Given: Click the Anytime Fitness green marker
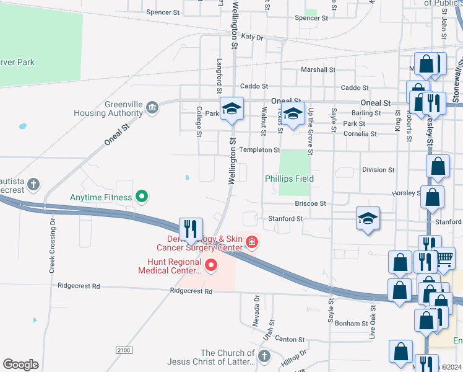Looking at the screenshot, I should click(142, 197).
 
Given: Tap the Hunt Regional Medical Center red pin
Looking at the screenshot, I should click(211, 266).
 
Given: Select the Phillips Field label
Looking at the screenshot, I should click(290, 179).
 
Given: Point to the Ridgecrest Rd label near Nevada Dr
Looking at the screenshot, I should click(191, 291).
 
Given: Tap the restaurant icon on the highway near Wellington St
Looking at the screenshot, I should click(190, 229).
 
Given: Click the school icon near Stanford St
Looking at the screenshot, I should click(368, 218).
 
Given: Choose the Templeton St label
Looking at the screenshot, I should click(260, 150).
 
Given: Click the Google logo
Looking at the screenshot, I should click(20, 365).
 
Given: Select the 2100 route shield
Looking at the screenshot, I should click(123, 351).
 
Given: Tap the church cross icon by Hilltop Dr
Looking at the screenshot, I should click(264, 356).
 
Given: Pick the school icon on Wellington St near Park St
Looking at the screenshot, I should click(231, 109).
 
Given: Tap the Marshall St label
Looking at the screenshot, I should click(318, 70).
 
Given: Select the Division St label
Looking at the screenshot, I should click(378, 169).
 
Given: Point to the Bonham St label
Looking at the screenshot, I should click(352, 324).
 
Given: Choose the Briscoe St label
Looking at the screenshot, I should click(310, 203).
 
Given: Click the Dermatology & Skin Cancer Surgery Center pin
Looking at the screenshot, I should click(252, 242).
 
